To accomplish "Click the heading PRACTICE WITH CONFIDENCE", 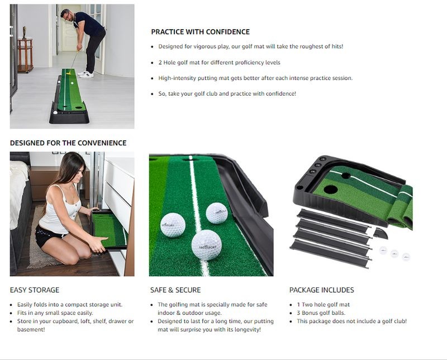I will coord(200,32).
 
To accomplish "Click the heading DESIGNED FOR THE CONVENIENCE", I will coord(68,143).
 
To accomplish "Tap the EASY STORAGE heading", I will coord(35,290).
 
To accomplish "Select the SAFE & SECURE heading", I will coord(175,290).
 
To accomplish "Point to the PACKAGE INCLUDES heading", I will coord(321,290).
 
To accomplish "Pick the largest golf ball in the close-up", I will coord(206,245).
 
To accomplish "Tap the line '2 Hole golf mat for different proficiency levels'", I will coord(219,63).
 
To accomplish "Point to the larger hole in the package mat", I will coord(330,190).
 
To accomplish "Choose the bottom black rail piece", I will coord(332,254).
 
